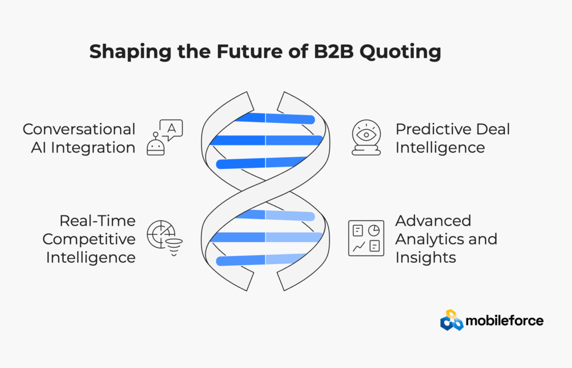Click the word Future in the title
(x=249, y=51)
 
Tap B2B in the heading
(x=333, y=51)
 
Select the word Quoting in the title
(x=400, y=52)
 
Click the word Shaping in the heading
(x=130, y=52)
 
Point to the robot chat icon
(x=165, y=138)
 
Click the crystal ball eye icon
(x=366, y=138)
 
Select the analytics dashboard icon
(x=366, y=238)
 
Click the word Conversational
(x=79, y=129)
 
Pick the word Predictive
(x=429, y=129)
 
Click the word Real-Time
(x=97, y=221)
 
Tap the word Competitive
(x=89, y=239)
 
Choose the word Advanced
(x=433, y=221)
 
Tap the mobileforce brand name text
(x=504, y=320)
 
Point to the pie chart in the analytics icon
(x=374, y=230)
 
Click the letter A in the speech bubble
(x=171, y=128)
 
